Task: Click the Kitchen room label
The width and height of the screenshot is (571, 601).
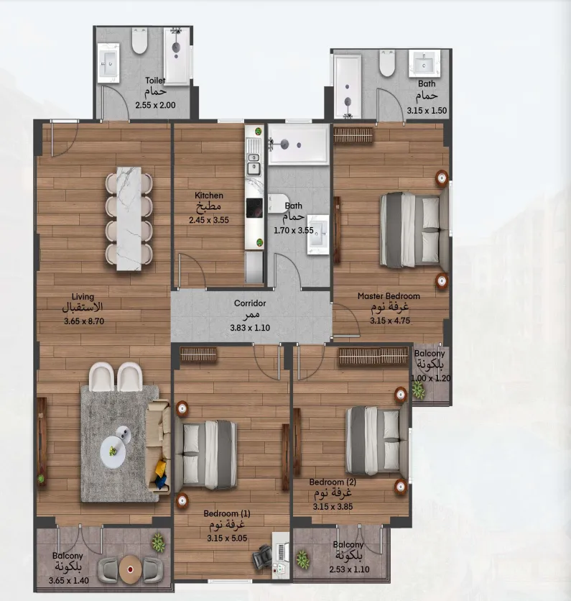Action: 209,196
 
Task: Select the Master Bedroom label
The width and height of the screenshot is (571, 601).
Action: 389,296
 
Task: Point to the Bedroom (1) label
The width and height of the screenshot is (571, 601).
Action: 226,513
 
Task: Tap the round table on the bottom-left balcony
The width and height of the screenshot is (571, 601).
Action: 130,569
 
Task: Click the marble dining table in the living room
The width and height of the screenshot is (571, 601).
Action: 129,219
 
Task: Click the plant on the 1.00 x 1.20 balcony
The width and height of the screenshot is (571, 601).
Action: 418,390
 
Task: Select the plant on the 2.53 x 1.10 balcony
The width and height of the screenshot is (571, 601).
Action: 303,558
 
